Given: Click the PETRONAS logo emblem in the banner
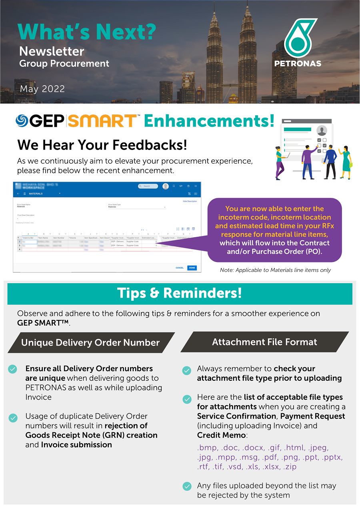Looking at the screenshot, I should [x=298, y=38].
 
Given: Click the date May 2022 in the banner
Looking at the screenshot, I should [x=42, y=89].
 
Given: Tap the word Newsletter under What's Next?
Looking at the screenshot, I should [x=52, y=51].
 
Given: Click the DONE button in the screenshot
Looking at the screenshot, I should [x=192, y=268].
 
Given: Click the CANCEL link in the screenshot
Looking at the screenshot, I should [x=180, y=268].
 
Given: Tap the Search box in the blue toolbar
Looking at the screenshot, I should [x=148, y=186].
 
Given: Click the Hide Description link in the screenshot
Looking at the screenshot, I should [x=190, y=201].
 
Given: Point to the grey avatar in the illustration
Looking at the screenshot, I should [x=322, y=130].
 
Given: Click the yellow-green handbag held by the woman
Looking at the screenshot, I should [x=351, y=164].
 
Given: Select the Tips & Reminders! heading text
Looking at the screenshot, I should [x=180, y=293].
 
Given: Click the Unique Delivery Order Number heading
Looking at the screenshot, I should [x=90, y=342].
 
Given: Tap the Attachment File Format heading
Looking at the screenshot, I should [x=264, y=342].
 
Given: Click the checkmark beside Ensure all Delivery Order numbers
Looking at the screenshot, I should [x=13, y=369].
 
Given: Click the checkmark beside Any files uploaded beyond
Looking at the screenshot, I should [x=186, y=486].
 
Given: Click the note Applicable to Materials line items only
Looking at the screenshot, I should [x=275, y=270].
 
